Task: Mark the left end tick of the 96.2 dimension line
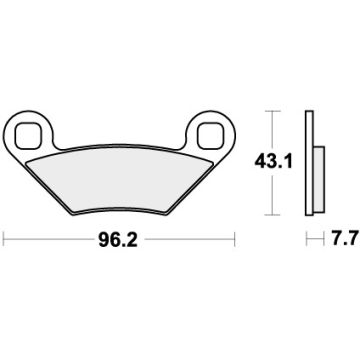point(5,240)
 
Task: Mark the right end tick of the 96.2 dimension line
point(235,240)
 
